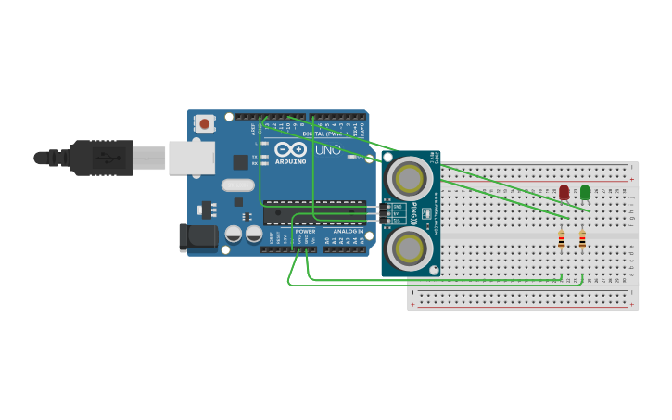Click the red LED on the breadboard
564,192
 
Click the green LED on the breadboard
585,192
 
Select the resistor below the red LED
561,239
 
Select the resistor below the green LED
582,239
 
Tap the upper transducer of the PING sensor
410,177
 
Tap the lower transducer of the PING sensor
410,248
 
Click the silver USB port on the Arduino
191,158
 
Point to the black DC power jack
197,236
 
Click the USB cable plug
102,158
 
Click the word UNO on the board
328,150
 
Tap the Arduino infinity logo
291,149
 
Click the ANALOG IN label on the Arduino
349,231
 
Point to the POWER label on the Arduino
305,231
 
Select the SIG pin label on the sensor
397,221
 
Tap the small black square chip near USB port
240,162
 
